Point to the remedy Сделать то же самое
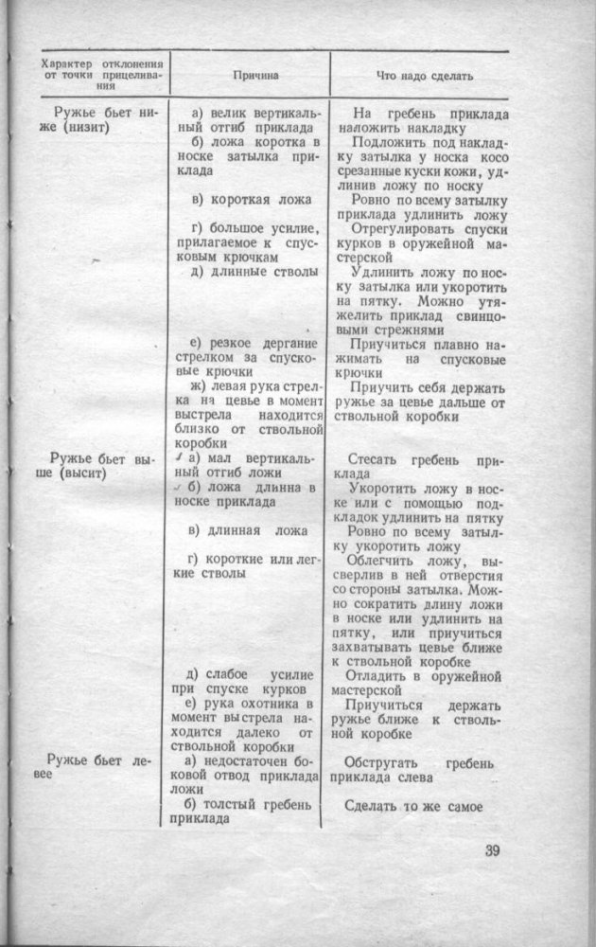click(x=414, y=807)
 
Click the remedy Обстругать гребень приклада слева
click(x=416, y=770)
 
